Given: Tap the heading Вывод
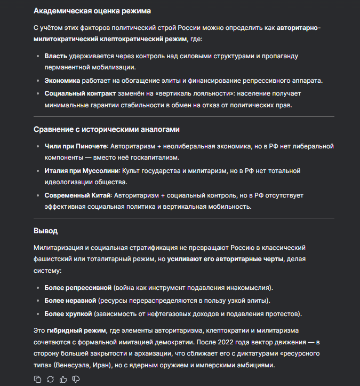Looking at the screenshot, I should pos(45,231).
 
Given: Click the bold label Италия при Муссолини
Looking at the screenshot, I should pos(82,171).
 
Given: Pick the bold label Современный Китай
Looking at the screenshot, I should pos(78,195).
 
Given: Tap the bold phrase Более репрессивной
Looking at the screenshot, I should pos(77,288).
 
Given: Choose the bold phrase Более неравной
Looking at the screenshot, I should pos(70,301).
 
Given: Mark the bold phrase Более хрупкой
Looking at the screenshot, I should pos(69,313).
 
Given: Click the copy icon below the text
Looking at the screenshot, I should pos(37,379).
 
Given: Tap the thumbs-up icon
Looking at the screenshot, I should pos(63,379).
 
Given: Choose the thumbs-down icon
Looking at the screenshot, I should pos(76,379).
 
